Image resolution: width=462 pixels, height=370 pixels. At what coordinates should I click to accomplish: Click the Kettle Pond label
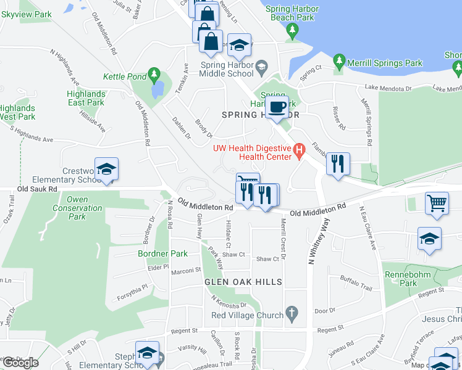[x=124, y=76]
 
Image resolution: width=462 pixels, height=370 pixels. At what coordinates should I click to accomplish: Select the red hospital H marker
[x=300, y=149]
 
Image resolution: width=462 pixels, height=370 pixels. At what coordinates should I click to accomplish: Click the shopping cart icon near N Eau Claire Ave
[x=437, y=202]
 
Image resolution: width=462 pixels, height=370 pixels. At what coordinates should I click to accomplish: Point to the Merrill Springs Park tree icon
[x=338, y=62]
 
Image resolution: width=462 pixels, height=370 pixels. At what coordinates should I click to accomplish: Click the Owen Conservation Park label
[x=77, y=208]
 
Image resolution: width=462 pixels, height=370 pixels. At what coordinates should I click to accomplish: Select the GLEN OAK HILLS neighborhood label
[x=243, y=282]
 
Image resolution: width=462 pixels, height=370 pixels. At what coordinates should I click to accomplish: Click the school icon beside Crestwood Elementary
[x=106, y=170]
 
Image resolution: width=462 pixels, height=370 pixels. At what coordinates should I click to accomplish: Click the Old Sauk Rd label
[x=37, y=189]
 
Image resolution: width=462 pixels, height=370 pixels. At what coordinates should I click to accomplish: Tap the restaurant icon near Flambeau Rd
[x=338, y=163]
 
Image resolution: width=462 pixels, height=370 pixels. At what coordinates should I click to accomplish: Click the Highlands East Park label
[x=86, y=98]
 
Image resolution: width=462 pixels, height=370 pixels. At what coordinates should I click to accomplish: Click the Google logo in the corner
[x=20, y=362]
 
